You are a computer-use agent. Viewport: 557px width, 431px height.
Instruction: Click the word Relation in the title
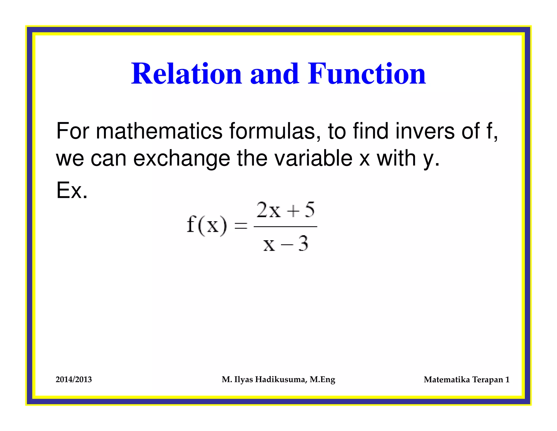click(x=186, y=74)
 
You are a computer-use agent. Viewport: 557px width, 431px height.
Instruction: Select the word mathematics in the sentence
click(x=159, y=131)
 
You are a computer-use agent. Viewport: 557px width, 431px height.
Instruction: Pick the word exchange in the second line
click(x=181, y=159)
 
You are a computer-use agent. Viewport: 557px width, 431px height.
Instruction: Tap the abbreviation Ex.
click(x=72, y=190)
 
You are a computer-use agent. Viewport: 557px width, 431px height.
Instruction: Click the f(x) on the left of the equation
click(x=207, y=225)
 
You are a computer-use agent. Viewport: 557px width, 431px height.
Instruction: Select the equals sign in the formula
click(x=241, y=226)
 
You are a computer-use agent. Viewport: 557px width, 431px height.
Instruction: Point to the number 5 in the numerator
click(x=310, y=210)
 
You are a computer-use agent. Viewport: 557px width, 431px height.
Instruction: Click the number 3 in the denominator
click(x=303, y=243)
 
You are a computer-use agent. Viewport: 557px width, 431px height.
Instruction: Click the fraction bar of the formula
click(x=285, y=226)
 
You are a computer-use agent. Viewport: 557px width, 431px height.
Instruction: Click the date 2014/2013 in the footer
click(x=74, y=380)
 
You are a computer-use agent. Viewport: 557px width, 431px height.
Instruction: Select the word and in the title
click(x=275, y=74)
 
